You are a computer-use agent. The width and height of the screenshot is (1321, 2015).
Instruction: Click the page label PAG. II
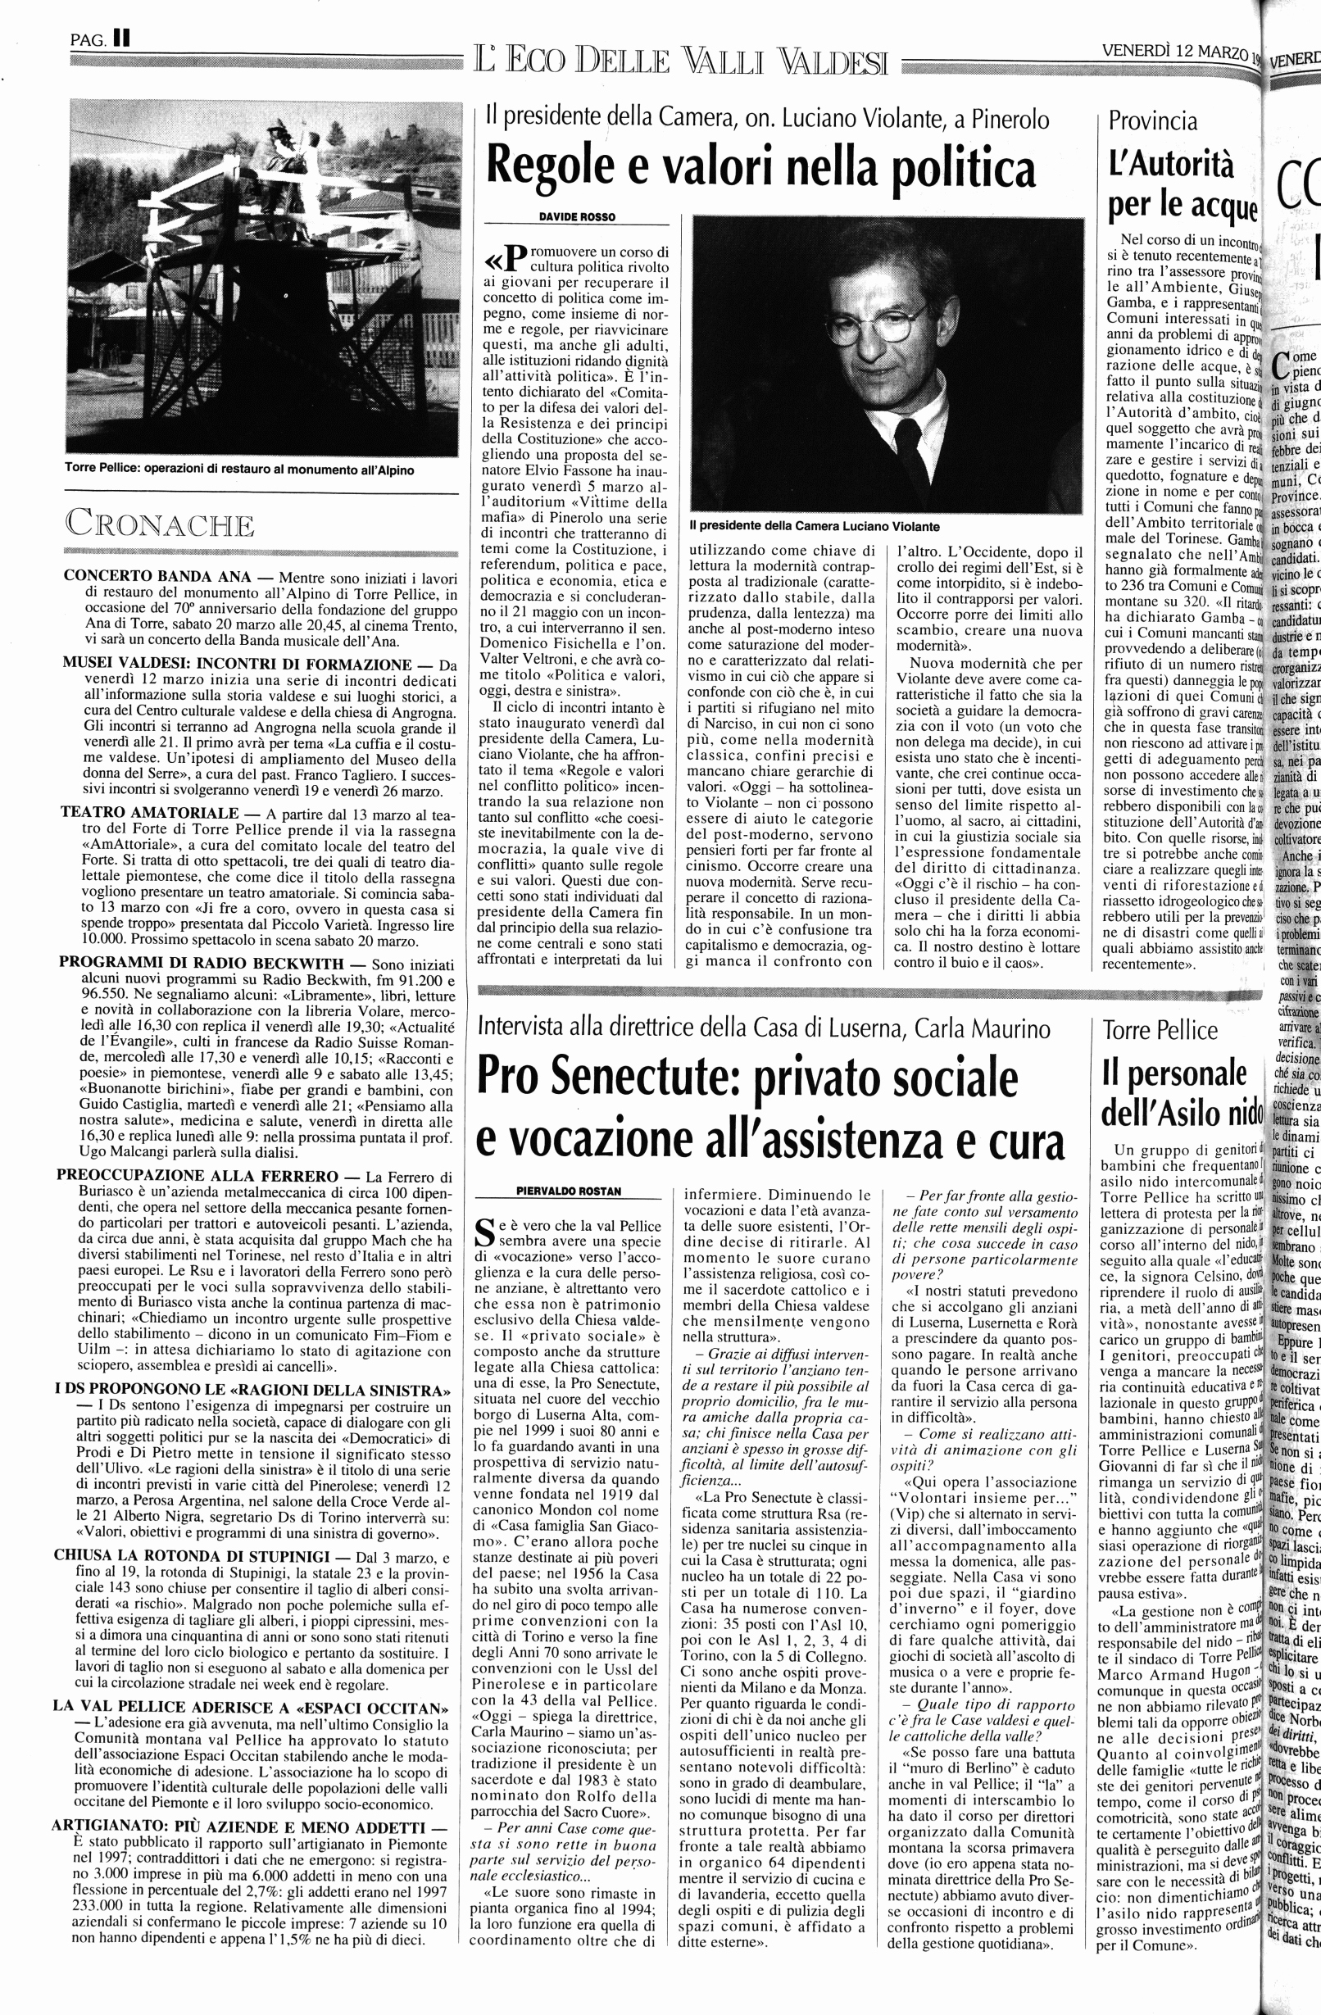click(100, 37)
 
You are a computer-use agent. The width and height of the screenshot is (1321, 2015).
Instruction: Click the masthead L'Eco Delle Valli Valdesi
click(681, 61)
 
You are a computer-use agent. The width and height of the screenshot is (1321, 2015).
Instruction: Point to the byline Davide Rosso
click(577, 216)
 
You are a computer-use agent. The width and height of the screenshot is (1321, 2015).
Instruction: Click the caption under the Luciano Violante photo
click(814, 526)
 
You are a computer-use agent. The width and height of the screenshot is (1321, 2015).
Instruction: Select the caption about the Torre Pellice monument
click(239, 468)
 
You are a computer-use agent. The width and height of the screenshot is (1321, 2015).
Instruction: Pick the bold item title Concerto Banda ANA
click(157, 577)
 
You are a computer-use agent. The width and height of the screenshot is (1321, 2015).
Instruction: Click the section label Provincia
click(1153, 121)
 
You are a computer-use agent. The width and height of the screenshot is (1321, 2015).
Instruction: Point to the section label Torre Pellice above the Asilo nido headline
click(1160, 1030)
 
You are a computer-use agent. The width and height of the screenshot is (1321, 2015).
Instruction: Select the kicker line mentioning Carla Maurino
click(764, 1028)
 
